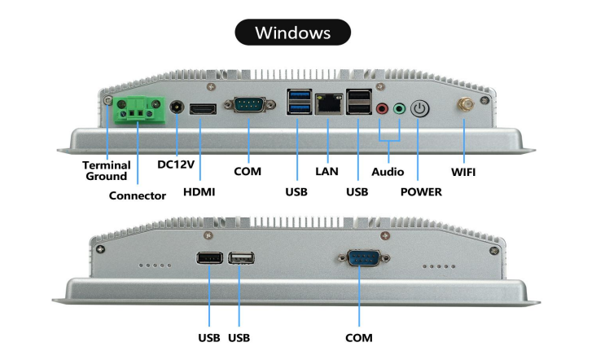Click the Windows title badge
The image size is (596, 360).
click(x=293, y=33)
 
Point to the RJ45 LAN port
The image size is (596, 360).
click(x=329, y=105)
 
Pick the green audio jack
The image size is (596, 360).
click(x=398, y=108)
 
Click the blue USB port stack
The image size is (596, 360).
click(x=298, y=104)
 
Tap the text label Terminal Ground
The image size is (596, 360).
click(x=107, y=170)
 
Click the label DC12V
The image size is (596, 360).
click(x=176, y=165)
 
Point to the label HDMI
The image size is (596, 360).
click(x=201, y=192)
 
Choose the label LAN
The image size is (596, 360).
click(x=326, y=172)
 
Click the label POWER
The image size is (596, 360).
click(x=421, y=192)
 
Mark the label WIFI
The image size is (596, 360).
click(x=463, y=172)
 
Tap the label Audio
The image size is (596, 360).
click(x=388, y=172)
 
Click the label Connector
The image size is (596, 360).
click(x=138, y=195)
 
